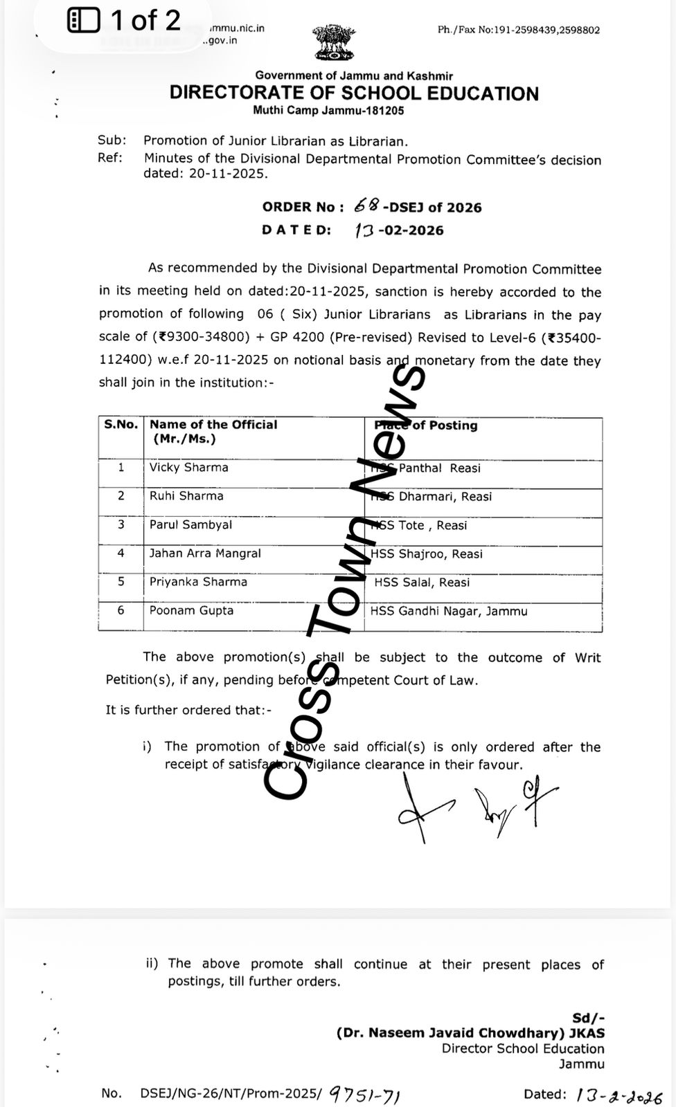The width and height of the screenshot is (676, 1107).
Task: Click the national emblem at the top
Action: [332, 44]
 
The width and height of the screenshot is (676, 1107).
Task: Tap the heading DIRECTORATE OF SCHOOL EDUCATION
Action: [354, 93]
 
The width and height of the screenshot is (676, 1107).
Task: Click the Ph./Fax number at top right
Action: [519, 30]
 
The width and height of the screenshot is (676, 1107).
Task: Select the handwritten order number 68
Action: [366, 205]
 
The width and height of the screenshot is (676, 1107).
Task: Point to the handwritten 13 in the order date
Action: [364, 230]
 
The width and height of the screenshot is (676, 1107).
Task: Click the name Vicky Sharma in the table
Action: [188, 468]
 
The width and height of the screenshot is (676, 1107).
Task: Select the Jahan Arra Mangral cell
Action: [205, 553]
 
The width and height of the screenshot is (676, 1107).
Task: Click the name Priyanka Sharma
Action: [198, 582]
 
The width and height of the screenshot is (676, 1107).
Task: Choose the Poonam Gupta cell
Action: [191, 611]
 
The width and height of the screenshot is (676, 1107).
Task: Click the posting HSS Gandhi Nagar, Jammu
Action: [449, 611]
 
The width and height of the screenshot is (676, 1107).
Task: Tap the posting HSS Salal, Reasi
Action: [422, 583]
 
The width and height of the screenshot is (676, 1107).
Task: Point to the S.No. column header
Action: [121, 425]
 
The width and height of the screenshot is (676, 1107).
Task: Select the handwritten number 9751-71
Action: [365, 1094]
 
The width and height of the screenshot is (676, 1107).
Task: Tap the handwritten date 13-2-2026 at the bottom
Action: [614, 1095]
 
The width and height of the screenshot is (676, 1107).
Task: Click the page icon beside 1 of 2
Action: [84, 21]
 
